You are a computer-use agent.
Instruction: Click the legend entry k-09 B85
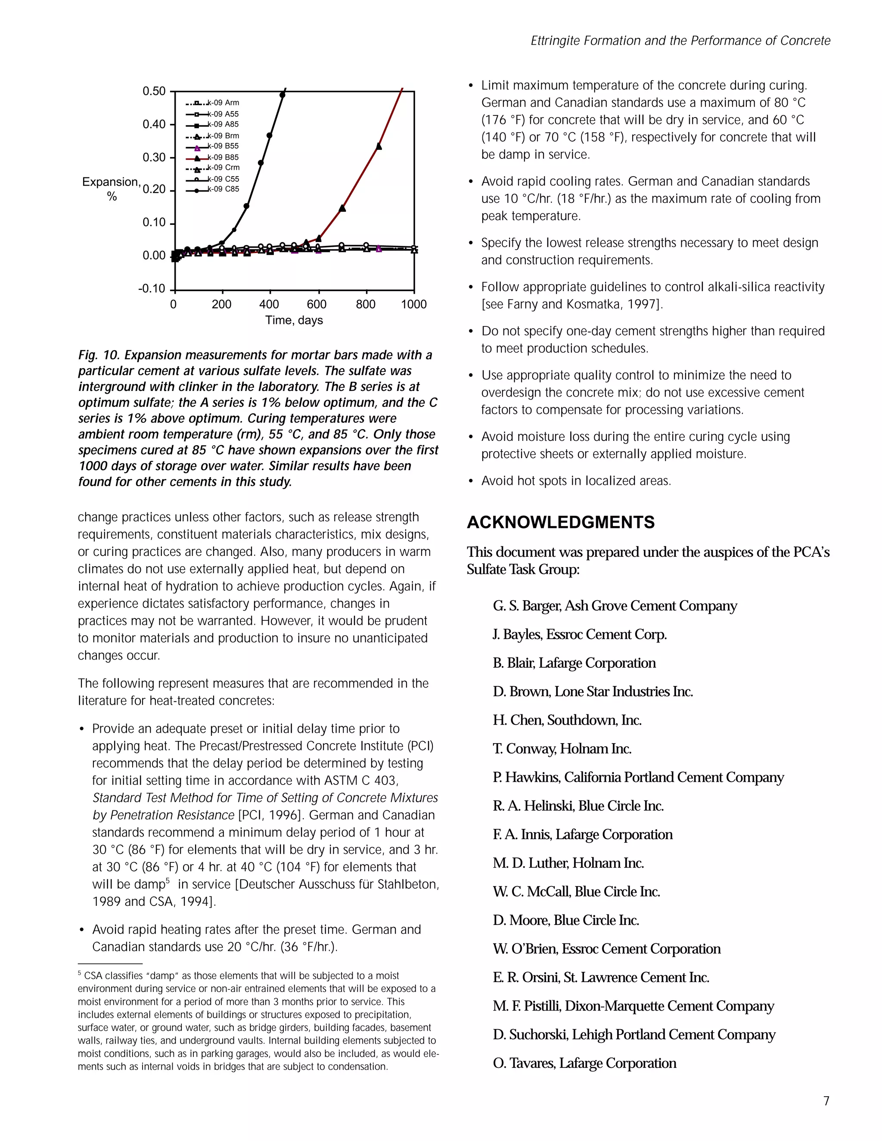pos(223,157)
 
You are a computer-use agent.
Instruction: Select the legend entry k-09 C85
pos(223,189)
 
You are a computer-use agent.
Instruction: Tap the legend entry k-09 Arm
pos(223,103)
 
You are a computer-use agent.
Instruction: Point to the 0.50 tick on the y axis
pos(154,91)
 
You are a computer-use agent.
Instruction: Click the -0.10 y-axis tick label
pos(152,289)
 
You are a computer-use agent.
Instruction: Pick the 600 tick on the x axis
pos(317,304)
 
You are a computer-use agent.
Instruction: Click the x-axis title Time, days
pos(294,320)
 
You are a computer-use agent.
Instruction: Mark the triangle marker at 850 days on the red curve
pos(379,146)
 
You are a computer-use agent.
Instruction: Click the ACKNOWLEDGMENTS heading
pos(561,522)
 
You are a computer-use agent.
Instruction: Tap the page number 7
pos(826,1101)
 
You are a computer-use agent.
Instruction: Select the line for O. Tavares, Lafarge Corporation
pos(584,1063)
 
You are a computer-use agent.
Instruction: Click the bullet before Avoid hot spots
pos(471,481)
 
